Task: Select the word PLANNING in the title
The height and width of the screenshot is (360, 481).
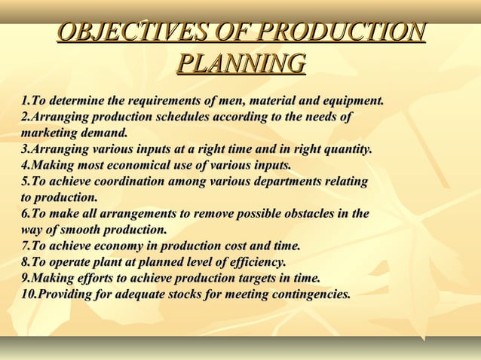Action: point(241,63)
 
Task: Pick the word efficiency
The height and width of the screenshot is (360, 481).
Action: point(256,262)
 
